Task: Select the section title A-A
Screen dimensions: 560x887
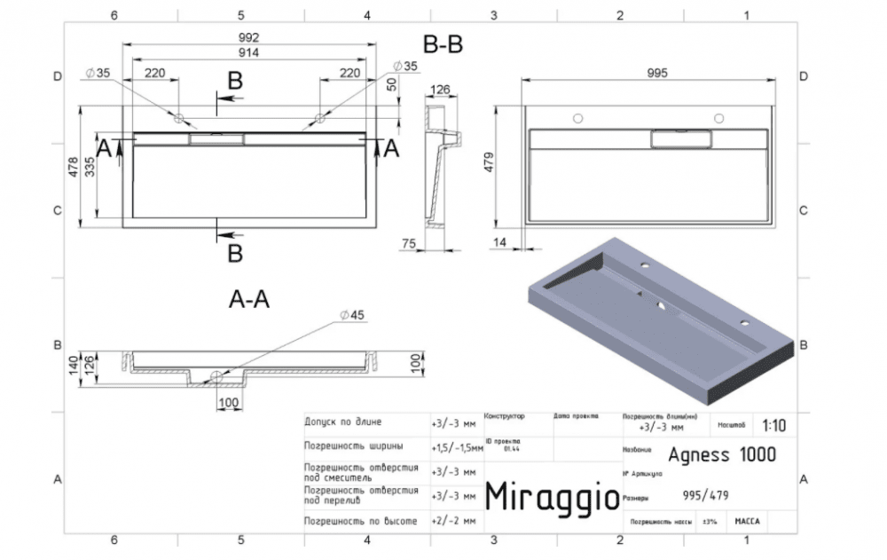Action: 249,300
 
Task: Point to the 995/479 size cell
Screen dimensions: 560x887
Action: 706,496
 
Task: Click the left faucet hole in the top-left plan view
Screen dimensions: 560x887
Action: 178,118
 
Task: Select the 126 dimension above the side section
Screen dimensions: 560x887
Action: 441,89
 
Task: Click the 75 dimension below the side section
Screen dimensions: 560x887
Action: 410,243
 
